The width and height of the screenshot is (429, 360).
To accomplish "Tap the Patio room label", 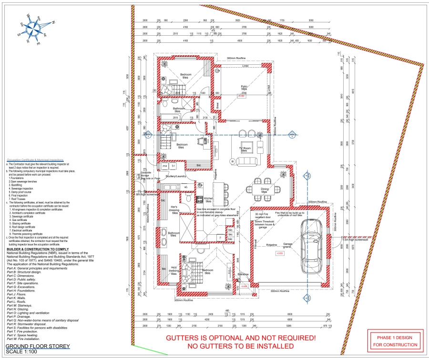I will pyautogui.click(x=244, y=88).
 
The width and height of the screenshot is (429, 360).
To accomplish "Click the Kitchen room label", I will pyautogui.click(x=209, y=200).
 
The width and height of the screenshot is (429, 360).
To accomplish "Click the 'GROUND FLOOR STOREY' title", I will pyautogui.click(x=38, y=346).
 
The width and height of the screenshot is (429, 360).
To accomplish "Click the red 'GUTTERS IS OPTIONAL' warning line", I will pyautogui.click(x=241, y=338).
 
